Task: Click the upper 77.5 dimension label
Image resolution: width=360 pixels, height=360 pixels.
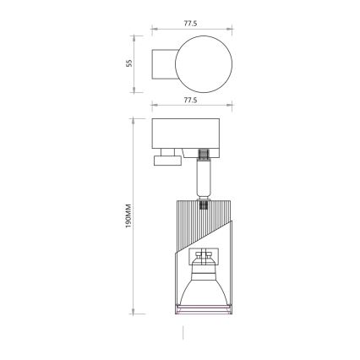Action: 190,24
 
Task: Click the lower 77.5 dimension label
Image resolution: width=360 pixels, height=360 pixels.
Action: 190,100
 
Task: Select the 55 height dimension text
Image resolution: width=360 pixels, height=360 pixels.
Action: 129,63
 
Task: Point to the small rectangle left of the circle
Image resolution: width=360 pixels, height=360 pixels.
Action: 162,63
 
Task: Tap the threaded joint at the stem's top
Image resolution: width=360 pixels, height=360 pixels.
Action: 203,155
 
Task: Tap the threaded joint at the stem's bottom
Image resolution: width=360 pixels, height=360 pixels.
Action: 203,201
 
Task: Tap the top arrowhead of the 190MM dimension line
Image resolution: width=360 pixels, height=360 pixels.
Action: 134,120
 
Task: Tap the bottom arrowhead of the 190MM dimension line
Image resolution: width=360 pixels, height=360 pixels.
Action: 134,312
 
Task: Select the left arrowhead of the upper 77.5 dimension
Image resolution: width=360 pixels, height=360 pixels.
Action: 154,30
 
